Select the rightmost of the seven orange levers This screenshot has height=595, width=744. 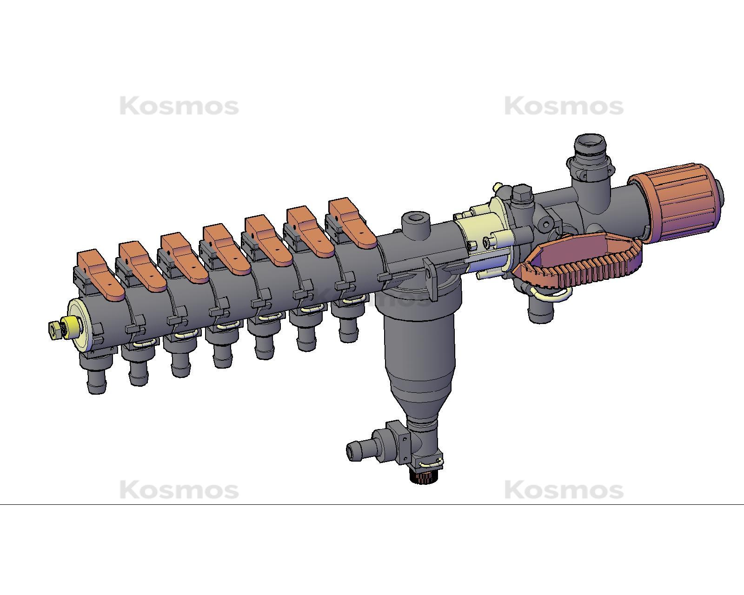(x=352, y=223)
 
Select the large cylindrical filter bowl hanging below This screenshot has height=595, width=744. (x=418, y=344)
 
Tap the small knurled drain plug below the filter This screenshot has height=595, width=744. (x=423, y=476)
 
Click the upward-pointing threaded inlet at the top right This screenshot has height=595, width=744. (x=590, y=151)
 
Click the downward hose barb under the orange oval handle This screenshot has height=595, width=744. (x=541, y=310)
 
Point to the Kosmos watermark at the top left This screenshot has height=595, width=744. (x=179, y=106)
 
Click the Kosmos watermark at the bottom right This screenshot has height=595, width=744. (x=564, y=490)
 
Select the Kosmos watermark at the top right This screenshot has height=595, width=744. (x=564, y=106)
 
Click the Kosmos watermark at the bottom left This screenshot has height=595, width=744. (x=179, y=490)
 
